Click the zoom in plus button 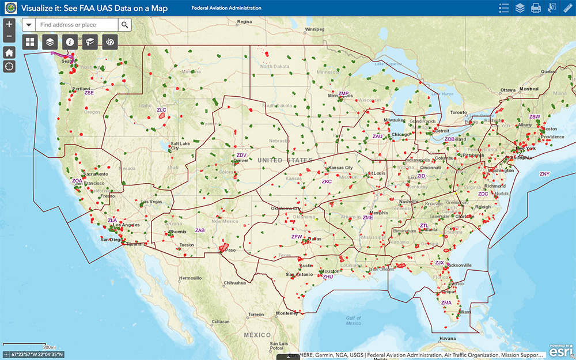[x=9, y=25]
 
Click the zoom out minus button [x=9, y=37]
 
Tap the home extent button [x=9, y=52]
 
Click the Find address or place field [x=77, y=25]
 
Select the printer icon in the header [x=536, y=8]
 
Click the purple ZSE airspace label [x=89, y=93]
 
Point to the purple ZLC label [x=161, y=109]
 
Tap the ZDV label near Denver [x=241, y=156]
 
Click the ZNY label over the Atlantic [x=544, y=174]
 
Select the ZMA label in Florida [x=446, y=302]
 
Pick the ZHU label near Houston [x=328, y=277]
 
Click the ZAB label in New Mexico [x=200, y=230]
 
